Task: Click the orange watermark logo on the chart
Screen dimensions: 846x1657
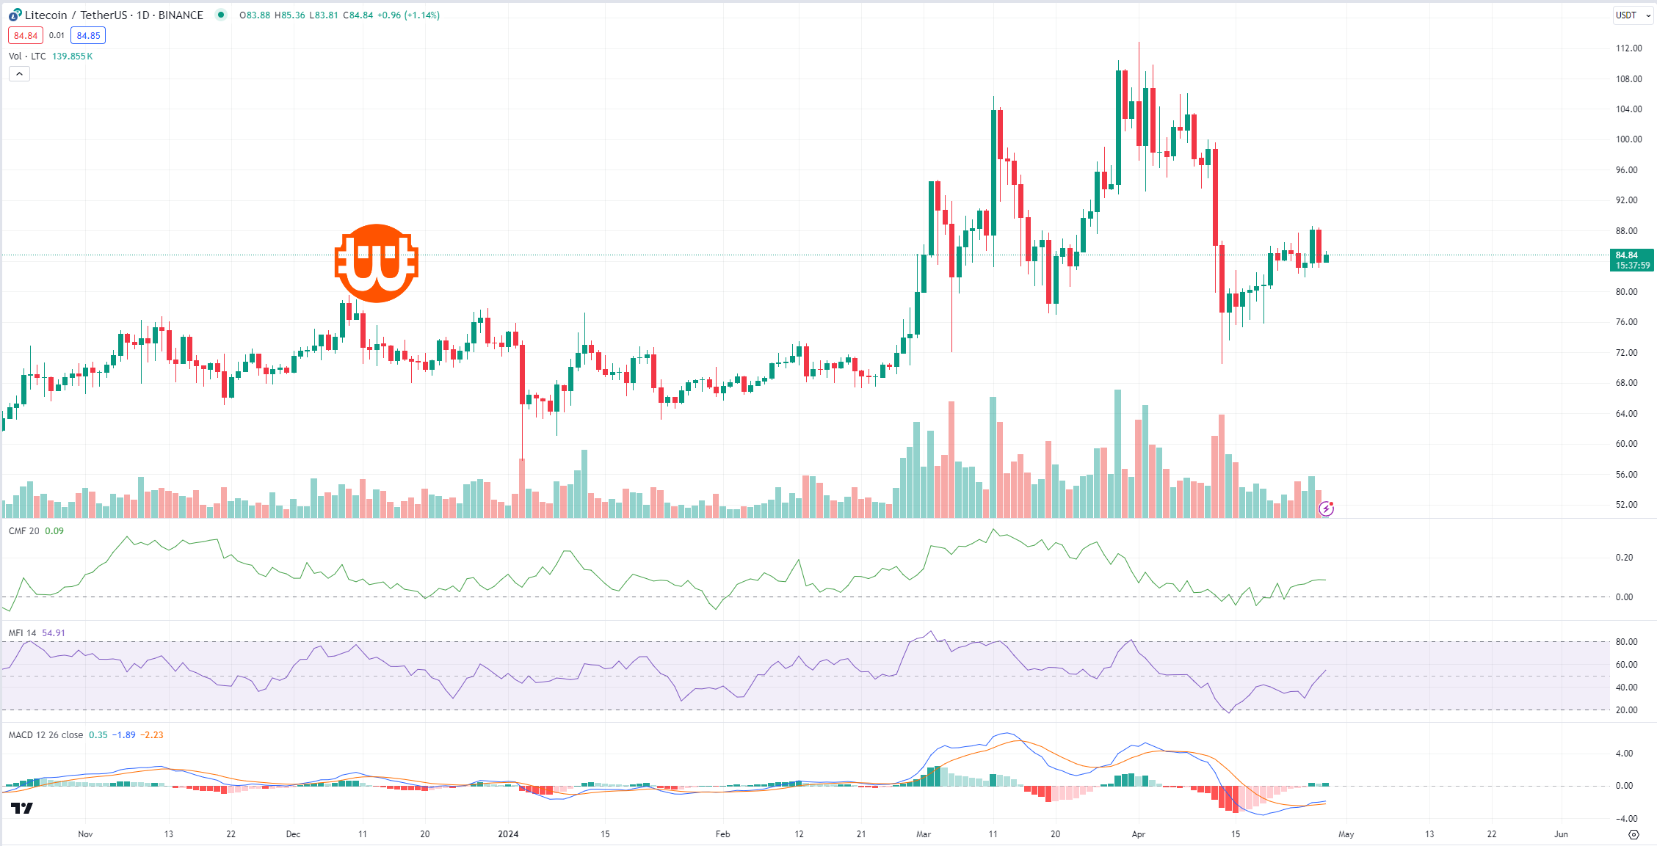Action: point(376,263)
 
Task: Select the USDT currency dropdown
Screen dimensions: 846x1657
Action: point(1631,15)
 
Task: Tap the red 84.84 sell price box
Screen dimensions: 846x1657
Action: point(26,35)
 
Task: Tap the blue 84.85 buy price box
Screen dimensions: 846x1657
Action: point(88,35)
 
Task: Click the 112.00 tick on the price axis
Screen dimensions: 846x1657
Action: point(1628,48)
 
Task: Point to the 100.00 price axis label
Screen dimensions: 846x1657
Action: point(1628,139)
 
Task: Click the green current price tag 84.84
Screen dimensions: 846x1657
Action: point(1631,260)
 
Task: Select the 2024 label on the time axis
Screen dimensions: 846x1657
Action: point(508,834)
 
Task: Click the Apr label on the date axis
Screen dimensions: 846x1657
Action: point(1138,834)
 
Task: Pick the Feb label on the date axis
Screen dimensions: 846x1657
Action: point(722,834)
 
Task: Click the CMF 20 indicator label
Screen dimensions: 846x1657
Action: point(24,531)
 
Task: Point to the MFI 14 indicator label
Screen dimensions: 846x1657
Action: point(23,632)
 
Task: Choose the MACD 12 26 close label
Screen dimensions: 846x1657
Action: point(46,734)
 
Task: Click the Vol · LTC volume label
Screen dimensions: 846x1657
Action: point(27,56)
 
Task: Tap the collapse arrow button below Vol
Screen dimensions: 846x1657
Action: point(20,73)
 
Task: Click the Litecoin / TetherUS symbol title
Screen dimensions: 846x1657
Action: point(114,15)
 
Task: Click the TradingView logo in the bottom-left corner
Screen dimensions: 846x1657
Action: point(22,808)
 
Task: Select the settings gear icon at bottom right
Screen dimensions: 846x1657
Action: point(1634,834)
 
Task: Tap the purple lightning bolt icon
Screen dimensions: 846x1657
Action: point(1326,508)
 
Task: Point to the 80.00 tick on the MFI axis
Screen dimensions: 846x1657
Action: point(1626,642)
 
